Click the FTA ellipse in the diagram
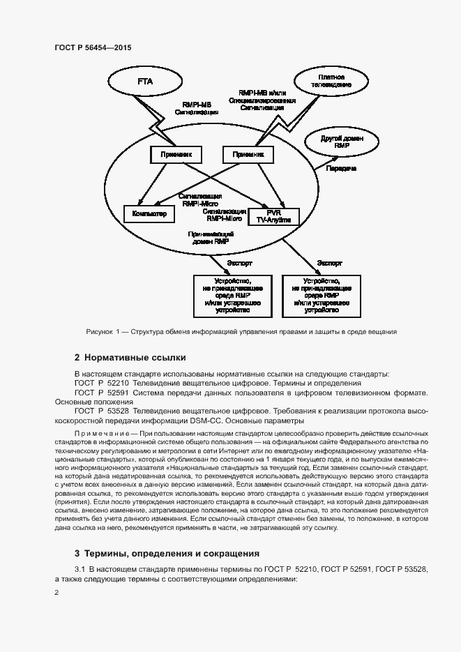pyautogui.click(x=145, y=82)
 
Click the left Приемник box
pyautogui.click(x=176, y=154)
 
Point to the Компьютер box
pyautogui.click(x=149, y=214)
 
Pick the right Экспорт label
pyautogui.click(x=330, y=264)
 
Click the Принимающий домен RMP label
pyautogui.click(x=211, y=237)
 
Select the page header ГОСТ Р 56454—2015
pyautogui.click(x=93, y=47)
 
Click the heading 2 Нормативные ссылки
pyautogui.click(x=130, y=358)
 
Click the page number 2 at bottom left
pyautogui.click(x=57, y=592)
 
